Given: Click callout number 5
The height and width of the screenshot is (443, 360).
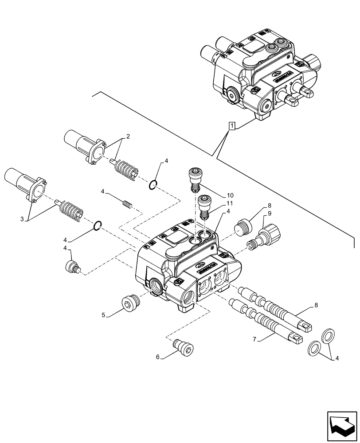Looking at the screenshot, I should [x=103, y=315].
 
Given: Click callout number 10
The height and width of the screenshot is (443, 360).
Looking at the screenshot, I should [x=218, y=195].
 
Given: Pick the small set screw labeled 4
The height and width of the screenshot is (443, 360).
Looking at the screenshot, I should [x=127, y=204].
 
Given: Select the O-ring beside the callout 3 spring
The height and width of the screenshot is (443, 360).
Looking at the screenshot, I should [x=98, y=226].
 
